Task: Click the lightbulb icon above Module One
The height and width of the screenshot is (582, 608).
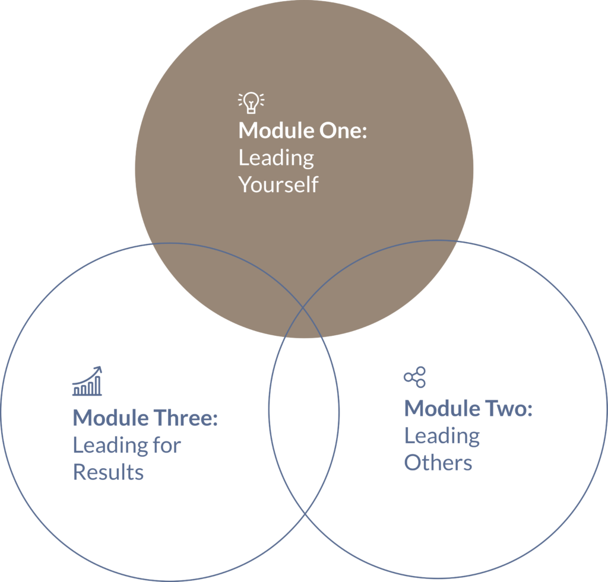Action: [251, 103]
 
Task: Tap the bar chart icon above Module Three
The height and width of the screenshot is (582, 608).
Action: [87, 381]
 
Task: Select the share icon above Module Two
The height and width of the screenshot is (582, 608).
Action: [414, 377]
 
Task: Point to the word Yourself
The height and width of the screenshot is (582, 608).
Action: [278, 185]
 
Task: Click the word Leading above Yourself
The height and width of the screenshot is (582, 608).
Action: [276, 158]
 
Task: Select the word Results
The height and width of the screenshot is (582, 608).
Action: [108, 472]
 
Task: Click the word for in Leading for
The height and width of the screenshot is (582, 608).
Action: [166, 445]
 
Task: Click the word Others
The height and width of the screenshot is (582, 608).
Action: [438, 463]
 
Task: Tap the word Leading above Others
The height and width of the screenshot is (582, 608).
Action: [442, 436]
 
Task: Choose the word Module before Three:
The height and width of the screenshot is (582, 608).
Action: [111, 418]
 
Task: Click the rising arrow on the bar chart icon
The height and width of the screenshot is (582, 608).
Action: [95, 372]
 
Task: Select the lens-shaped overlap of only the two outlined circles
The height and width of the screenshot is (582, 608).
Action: [304, 427]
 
